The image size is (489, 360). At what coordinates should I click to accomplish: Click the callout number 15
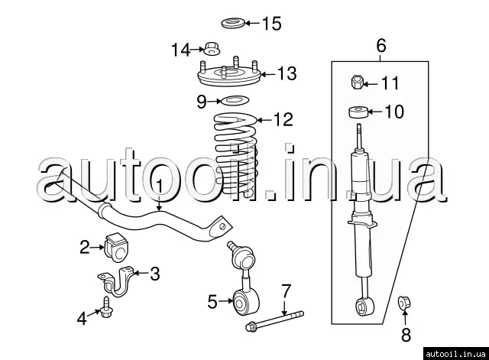point(271,23)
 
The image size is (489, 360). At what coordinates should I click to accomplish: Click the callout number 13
point(286,74)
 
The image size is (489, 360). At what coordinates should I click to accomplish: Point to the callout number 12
point(282,119)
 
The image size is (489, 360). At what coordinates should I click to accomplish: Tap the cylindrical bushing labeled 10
point(359,113)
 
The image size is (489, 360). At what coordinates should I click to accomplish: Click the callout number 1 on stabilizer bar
point(159,186)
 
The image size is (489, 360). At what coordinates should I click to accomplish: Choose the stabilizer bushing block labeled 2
point(115,245)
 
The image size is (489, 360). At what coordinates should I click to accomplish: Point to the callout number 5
point(213,302)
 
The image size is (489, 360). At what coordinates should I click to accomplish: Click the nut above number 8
point(406,304)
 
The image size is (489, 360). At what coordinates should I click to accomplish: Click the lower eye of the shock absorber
point(364,306)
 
